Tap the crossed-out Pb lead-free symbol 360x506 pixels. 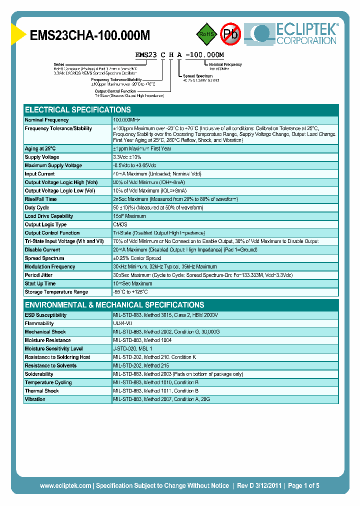[x=230, y=34]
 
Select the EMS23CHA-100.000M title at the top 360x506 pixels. [x=90, y=35]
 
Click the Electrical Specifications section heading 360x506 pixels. [x=78, y=110]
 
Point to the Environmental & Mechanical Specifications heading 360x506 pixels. [x=114, y=305]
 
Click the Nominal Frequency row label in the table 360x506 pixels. [x=46, y=120]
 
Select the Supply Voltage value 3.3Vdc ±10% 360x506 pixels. [x=131, y=157]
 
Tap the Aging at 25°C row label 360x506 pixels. [x=40, y=148]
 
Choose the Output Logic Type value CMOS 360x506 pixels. [x=120, y=224]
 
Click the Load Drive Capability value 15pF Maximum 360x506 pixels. [x=129, y=216]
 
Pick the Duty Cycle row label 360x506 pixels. [x=37, y=207]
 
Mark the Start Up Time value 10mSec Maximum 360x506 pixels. [x=132, y=283]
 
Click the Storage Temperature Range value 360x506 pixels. [x=130, y=292]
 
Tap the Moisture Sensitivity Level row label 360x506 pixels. [x=53, y=348]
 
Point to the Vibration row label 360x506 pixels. [x=35, y=399]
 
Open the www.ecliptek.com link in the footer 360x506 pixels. [x=65, y=485]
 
